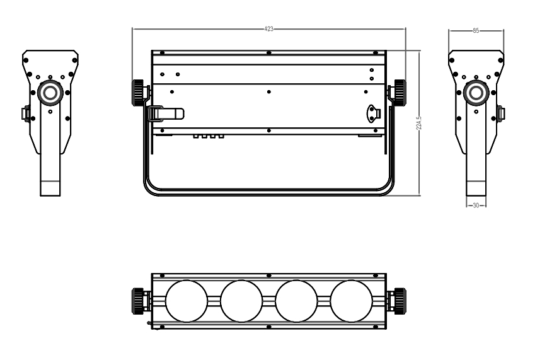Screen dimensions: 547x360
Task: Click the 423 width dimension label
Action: [268, 29]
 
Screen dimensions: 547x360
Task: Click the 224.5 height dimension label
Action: [419, 124]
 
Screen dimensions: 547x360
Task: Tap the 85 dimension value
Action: [476, 31]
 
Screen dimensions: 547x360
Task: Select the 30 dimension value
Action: [476, 206]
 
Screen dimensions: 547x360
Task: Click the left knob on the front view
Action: [138, 93]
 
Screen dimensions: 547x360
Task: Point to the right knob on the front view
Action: [400, 93]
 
